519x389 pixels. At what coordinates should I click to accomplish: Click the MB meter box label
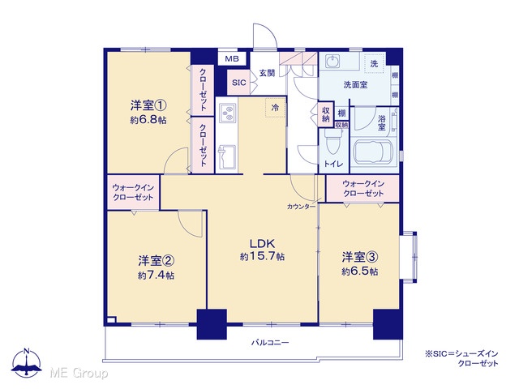(x=232, y=59)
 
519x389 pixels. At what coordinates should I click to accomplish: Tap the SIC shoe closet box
(x=238, y=83)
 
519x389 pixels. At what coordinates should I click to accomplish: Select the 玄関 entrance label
(x=267, y=73)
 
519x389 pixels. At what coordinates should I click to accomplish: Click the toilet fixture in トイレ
(x=332, y=143)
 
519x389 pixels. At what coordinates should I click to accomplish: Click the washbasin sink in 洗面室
(x=332, y=62)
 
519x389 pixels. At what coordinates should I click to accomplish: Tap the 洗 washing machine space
(x=374, y=63)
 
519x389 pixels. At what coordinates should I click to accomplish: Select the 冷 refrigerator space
(x=275, y=107)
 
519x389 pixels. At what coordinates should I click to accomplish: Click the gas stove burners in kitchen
(x=227, y=113)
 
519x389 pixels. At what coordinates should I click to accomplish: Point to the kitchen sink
(x=227, y=156)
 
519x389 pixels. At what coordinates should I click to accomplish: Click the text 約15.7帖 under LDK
(x=262, y=257)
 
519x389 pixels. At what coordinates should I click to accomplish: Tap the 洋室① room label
(x=148, y=106)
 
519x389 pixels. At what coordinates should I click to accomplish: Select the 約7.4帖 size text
(x=156, y=276)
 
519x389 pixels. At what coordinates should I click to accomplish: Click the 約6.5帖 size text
(x=360, y=271)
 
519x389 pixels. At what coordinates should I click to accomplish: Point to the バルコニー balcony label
(x=270, y=342)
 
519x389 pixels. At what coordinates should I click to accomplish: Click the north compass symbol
(x=27, y=362)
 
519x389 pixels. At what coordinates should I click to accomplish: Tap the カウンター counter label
(x=301, y=207)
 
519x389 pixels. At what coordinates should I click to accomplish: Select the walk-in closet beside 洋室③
(x=362, y=189)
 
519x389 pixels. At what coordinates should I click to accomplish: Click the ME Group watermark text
(x=79, y=374)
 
